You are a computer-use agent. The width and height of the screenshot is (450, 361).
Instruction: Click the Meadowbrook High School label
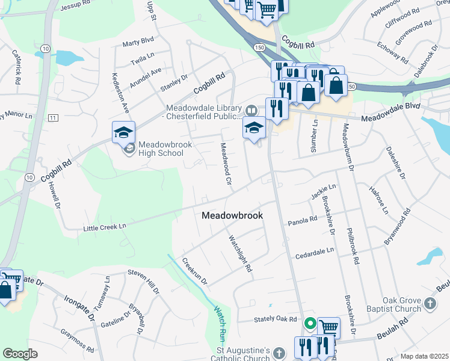pos(161,149)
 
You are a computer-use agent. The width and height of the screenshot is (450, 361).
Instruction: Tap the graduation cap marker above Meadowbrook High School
pos(123,132)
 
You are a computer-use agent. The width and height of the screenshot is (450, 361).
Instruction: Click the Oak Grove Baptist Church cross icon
pos(430,303)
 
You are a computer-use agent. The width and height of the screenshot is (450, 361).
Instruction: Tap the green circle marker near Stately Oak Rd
pos(310,324)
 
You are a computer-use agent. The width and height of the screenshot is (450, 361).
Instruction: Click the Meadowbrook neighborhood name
pos(232,215)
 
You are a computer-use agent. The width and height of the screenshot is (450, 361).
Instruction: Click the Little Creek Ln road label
pos(105,226)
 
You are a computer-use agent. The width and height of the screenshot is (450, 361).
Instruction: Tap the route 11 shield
pos(53,117)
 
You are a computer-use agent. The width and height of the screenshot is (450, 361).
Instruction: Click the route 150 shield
pos(259,47)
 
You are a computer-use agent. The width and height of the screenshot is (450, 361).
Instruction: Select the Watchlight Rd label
pos(239,253)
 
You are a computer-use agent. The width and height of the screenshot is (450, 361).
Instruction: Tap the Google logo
pos(20,354)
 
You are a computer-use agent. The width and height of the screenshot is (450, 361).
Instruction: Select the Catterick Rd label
pos(16,66)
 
